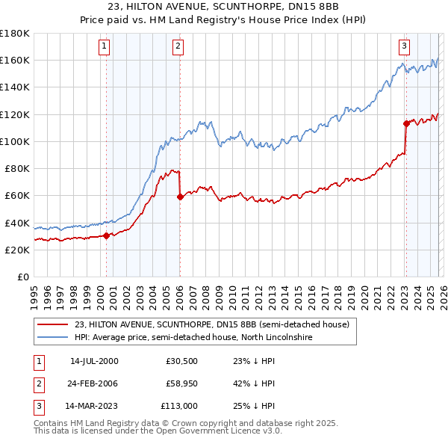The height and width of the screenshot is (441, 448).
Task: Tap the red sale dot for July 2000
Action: coord(106,235)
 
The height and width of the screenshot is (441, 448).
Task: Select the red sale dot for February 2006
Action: coord(180,197)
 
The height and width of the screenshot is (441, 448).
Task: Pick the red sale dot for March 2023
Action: coord(405,123)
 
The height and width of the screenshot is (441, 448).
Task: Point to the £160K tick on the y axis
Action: coord(14,60)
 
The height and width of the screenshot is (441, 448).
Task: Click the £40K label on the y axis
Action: coord(16,223)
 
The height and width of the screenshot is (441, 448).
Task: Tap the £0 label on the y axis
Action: coord(23,277)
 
